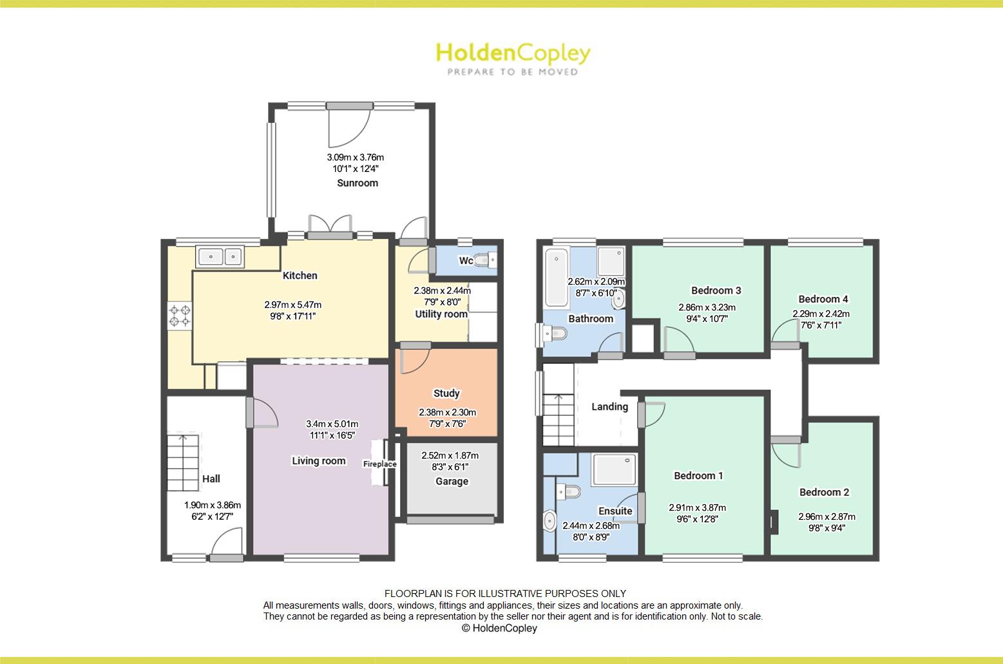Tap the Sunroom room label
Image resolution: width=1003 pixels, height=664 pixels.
[358, 183]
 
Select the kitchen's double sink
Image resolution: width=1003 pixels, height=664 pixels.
[220, 256]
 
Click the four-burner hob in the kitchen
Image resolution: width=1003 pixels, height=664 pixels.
[180, 315]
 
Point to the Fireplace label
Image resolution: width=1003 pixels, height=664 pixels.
[379, 464]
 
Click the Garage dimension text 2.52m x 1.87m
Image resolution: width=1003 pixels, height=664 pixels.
[450, 456]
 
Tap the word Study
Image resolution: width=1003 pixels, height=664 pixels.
[446, 393]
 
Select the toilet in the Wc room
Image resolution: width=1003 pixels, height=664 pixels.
[485, 260]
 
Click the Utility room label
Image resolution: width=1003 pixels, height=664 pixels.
[441, 314]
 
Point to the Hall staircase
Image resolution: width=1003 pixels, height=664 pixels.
[183, 462]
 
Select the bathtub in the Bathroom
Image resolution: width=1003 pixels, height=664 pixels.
[556, 278]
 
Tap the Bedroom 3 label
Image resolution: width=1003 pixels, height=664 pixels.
[716, 290]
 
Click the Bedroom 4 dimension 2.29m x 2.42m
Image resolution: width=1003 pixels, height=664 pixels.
[821, 314]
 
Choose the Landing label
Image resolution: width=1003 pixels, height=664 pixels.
[609, 406]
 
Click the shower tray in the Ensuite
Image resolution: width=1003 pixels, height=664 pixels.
[615, 470]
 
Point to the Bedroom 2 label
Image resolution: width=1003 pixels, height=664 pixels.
[824, 492]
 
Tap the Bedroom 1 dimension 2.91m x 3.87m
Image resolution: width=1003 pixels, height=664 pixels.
[697, 507]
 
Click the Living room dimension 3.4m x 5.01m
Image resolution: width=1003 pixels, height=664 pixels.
[332, 424]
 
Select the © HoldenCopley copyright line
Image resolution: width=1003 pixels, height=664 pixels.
[499, 628]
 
